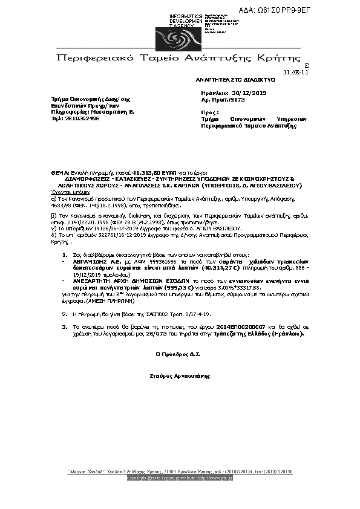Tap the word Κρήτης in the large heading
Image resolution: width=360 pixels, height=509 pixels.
(280, 59)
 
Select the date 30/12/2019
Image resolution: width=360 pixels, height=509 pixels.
(250, 93)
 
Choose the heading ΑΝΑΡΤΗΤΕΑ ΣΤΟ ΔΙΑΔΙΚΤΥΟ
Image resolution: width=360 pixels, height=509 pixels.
(235, 79)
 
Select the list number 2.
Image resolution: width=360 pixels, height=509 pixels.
(65, 314)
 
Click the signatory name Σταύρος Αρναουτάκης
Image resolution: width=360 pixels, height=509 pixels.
(183, 376)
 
